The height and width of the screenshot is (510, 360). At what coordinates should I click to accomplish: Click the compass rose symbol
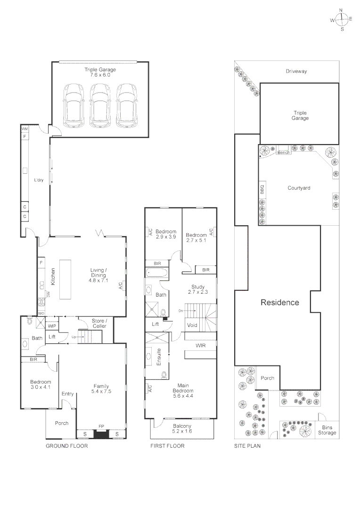[x=342, y=19]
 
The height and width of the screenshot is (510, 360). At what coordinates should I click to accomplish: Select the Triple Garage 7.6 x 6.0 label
[x=100, y=72]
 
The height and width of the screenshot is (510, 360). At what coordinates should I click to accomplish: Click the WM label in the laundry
[x=25, y=129]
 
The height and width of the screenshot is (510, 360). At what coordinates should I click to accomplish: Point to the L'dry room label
[x=39, y=180]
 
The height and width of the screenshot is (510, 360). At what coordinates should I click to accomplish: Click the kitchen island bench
[x=65, y=279]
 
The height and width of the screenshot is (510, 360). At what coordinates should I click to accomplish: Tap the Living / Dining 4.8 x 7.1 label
[x=98, y=275]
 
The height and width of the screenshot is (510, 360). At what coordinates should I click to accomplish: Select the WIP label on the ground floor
[x=52, y=326]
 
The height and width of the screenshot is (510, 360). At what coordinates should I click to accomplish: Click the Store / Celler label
[x=99, y=323]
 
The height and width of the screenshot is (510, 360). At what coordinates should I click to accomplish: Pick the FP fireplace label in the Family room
[x=101, y=426]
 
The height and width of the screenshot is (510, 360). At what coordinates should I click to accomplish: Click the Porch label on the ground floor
[x=61, y=423]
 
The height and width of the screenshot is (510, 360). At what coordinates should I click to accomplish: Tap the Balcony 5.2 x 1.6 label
[x=182, y=428]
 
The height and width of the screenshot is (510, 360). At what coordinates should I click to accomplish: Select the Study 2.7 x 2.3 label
[x=198, y=289]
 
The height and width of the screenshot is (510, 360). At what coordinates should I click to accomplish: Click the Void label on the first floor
[x=192, y=325]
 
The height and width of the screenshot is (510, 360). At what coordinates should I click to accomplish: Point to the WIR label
[x=200, y=345]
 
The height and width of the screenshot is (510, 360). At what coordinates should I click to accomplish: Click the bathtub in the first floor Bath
[x=157, y=272]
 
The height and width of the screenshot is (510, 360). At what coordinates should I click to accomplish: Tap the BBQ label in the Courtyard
[x=262, y=189]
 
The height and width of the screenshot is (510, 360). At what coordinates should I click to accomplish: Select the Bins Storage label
[x=327, y=430]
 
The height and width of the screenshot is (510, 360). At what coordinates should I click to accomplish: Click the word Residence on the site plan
[x=280, y=303]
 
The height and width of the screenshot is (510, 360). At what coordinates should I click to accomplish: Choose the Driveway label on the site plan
[x=296, y=71]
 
